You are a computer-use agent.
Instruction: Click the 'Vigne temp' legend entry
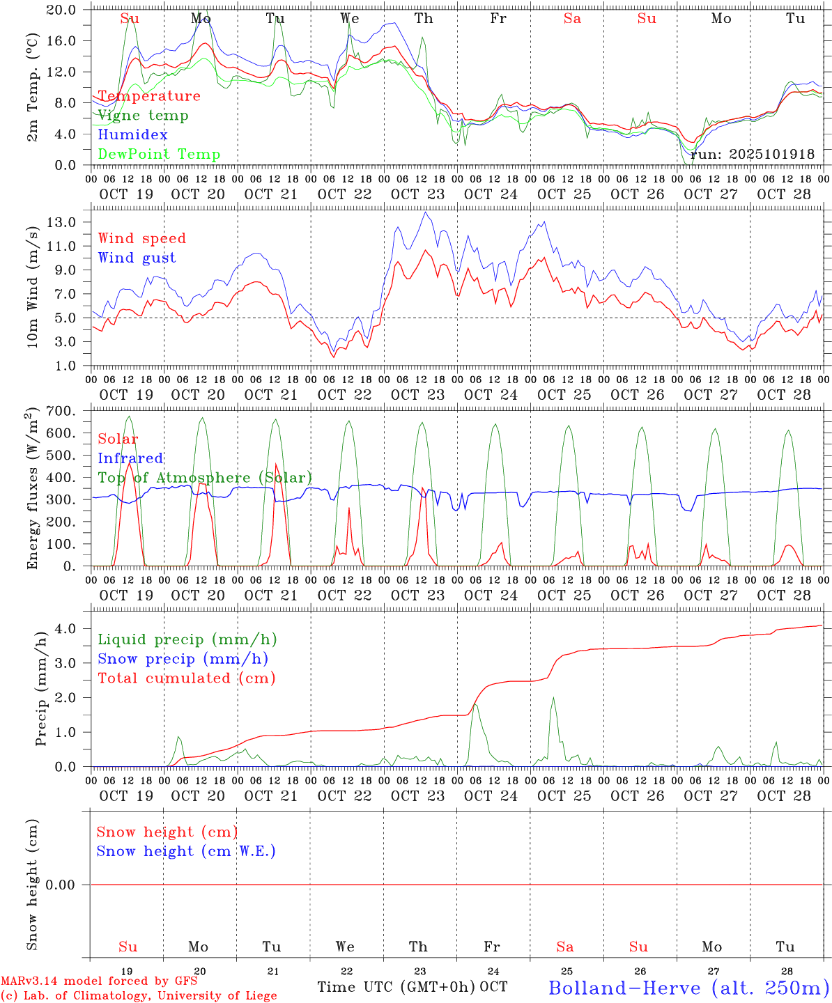point(143,116)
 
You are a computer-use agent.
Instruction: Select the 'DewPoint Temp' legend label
point(159,155)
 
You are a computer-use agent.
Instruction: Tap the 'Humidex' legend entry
point(132,135)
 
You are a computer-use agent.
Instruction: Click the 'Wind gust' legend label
point(137,258)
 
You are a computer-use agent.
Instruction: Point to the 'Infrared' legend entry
point(130,458)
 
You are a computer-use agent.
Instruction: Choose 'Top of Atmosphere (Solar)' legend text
point(204,478)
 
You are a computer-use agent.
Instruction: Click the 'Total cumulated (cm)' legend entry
point(186,678)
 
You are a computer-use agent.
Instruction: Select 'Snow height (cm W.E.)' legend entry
point(186,851)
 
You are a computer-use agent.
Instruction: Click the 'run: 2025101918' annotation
point(752,155)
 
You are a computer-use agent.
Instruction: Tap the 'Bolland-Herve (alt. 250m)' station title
point(688,988)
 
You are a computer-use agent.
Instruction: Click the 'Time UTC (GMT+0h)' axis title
point(396,987)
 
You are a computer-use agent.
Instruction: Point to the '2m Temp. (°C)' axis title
point(32,87)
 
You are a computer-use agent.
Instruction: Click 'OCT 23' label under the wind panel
point(417,395)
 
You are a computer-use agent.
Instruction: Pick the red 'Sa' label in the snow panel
point(565,947)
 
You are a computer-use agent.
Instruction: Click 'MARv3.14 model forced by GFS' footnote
point(99,981)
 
